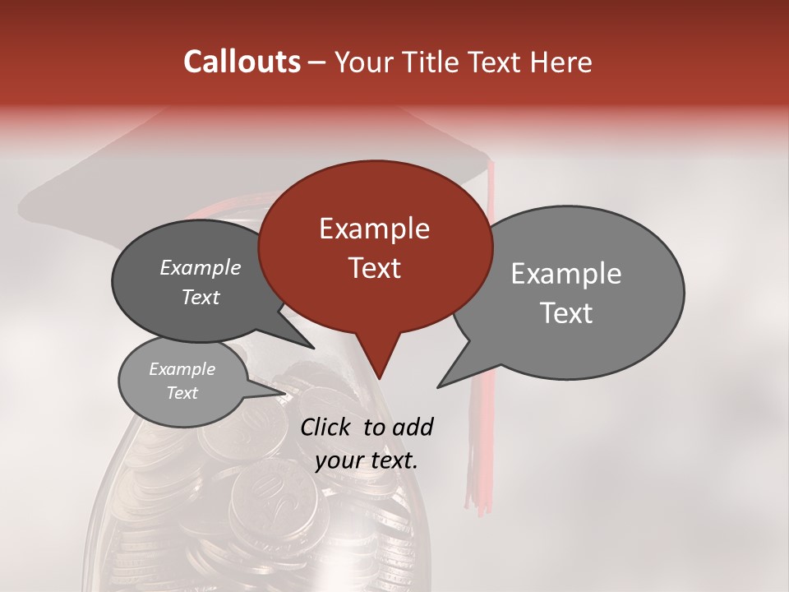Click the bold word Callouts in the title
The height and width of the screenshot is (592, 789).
242,62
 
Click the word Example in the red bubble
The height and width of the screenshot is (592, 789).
375,228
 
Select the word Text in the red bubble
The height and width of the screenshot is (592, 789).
375,268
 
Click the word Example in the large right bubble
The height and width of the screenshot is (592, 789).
566,274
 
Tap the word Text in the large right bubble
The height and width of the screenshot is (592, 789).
566,313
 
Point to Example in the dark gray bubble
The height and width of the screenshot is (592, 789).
200,268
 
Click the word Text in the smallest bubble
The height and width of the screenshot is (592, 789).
182,393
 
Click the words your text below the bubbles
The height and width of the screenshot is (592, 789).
367,460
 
